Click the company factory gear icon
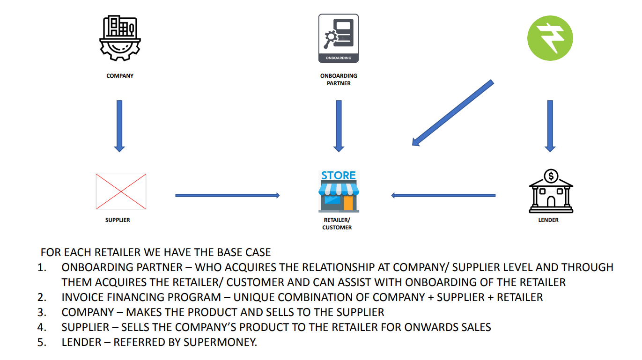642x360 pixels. pyautogui.click(x=120, y=38)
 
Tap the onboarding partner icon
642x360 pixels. pyautogui.click(x=338, y=38)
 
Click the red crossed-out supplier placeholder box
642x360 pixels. pyautogui.click(x=121, y=191)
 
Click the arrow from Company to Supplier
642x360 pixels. pyautogui.click(x=119, y=125)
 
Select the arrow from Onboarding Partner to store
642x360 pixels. pyautogui.click(x=339, y=125)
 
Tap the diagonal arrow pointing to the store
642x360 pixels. pyautogui.click(x=452, y=113)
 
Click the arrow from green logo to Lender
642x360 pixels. pyautogui.click(x=550, y=125)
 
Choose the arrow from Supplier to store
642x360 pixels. pyautogui.click(x=227, y=195)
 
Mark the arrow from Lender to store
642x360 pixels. pyautogui.click(x=443, y=195)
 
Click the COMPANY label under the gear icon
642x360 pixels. pyautogui.click(x=120, y=76)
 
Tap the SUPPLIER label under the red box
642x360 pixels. pyautogui.click(x=118, y=220)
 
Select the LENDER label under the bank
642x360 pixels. pyautogui.click(x=548, y=220)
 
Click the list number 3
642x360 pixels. pyautogui.click(x=42, y=312)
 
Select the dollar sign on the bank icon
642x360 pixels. pyautogui.click(x=551, y=176)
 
